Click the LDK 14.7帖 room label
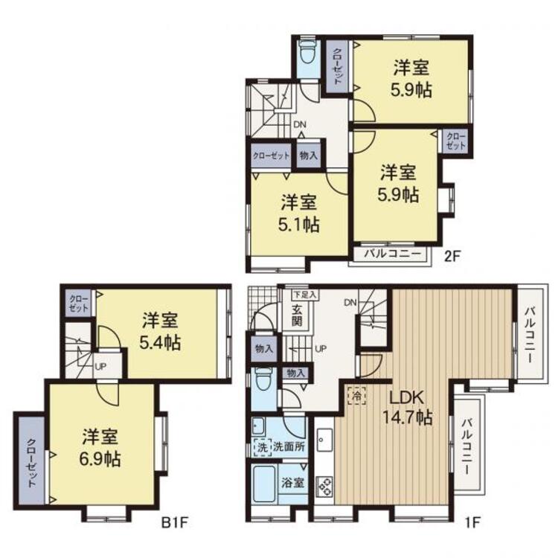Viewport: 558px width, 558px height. pyautogui.click(x=408, y=408)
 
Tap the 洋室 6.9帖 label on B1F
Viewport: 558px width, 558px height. pyautogui.click(x=100, y=448)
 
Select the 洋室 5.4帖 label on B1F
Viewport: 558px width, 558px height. pyautogui.click(x=160, y=331)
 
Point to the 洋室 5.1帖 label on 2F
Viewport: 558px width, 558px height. pyautogui.click(x=298, y=214)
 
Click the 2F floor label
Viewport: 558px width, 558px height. pyautogui.click(x=452, y=256)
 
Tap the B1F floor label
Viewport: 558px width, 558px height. pyautogui.click(x=174, y=523)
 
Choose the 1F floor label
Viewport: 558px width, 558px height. pyautogui.click(x=472, y=522)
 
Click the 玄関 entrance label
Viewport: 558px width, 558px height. pyautogui.click(x=297, y=315)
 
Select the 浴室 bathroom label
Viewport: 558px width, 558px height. pyautogui.click(x=293, y=483)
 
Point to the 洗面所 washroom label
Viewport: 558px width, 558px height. pyautogui.click(x=289, y=446)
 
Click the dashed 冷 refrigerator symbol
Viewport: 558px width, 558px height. pyautogui.click(x=357, y=395)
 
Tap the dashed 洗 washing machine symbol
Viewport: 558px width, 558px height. pyautogui.click(x=263, y=447)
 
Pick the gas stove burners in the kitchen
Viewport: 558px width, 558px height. pyautogui.click(x=324, y=486)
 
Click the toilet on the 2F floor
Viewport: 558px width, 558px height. pyautogui.click(x=306, y=53)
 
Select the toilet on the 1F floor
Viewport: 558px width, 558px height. pyautogui.click(x=263, y=381)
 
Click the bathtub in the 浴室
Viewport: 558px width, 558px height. pyautogui.click(x=264, y=484)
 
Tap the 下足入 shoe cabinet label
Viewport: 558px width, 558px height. pyautogui.click(x=305, y=295)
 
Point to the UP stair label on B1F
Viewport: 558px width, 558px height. pyautogui.click(x=100, y=366)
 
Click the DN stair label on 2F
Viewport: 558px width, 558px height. pyautogui.click(x=300, y=124)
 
